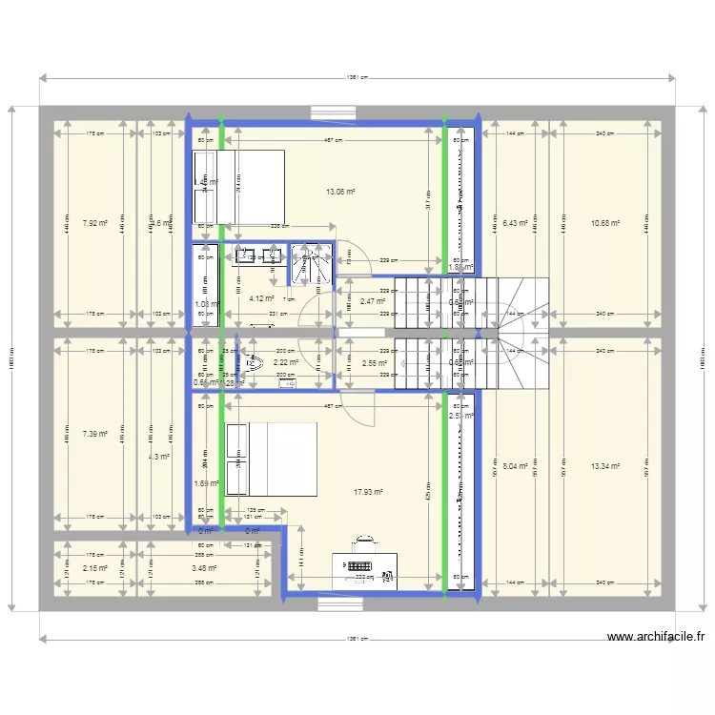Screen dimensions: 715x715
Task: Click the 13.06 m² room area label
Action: (339, 192)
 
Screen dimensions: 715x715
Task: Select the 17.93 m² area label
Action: (367, 492)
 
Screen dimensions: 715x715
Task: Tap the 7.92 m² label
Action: (93, 223)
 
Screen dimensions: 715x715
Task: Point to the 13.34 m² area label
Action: (605, 466)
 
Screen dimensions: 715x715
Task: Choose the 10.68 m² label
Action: (605, 223)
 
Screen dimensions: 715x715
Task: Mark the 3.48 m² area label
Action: (204, 568)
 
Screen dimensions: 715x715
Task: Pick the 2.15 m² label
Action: (94, 568)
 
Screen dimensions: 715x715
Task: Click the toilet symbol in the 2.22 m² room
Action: (253, 361)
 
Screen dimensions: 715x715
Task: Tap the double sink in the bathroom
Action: (254, 255)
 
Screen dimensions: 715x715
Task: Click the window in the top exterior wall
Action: (334, 112)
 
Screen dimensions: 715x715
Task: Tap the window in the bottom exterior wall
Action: (334, 603)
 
